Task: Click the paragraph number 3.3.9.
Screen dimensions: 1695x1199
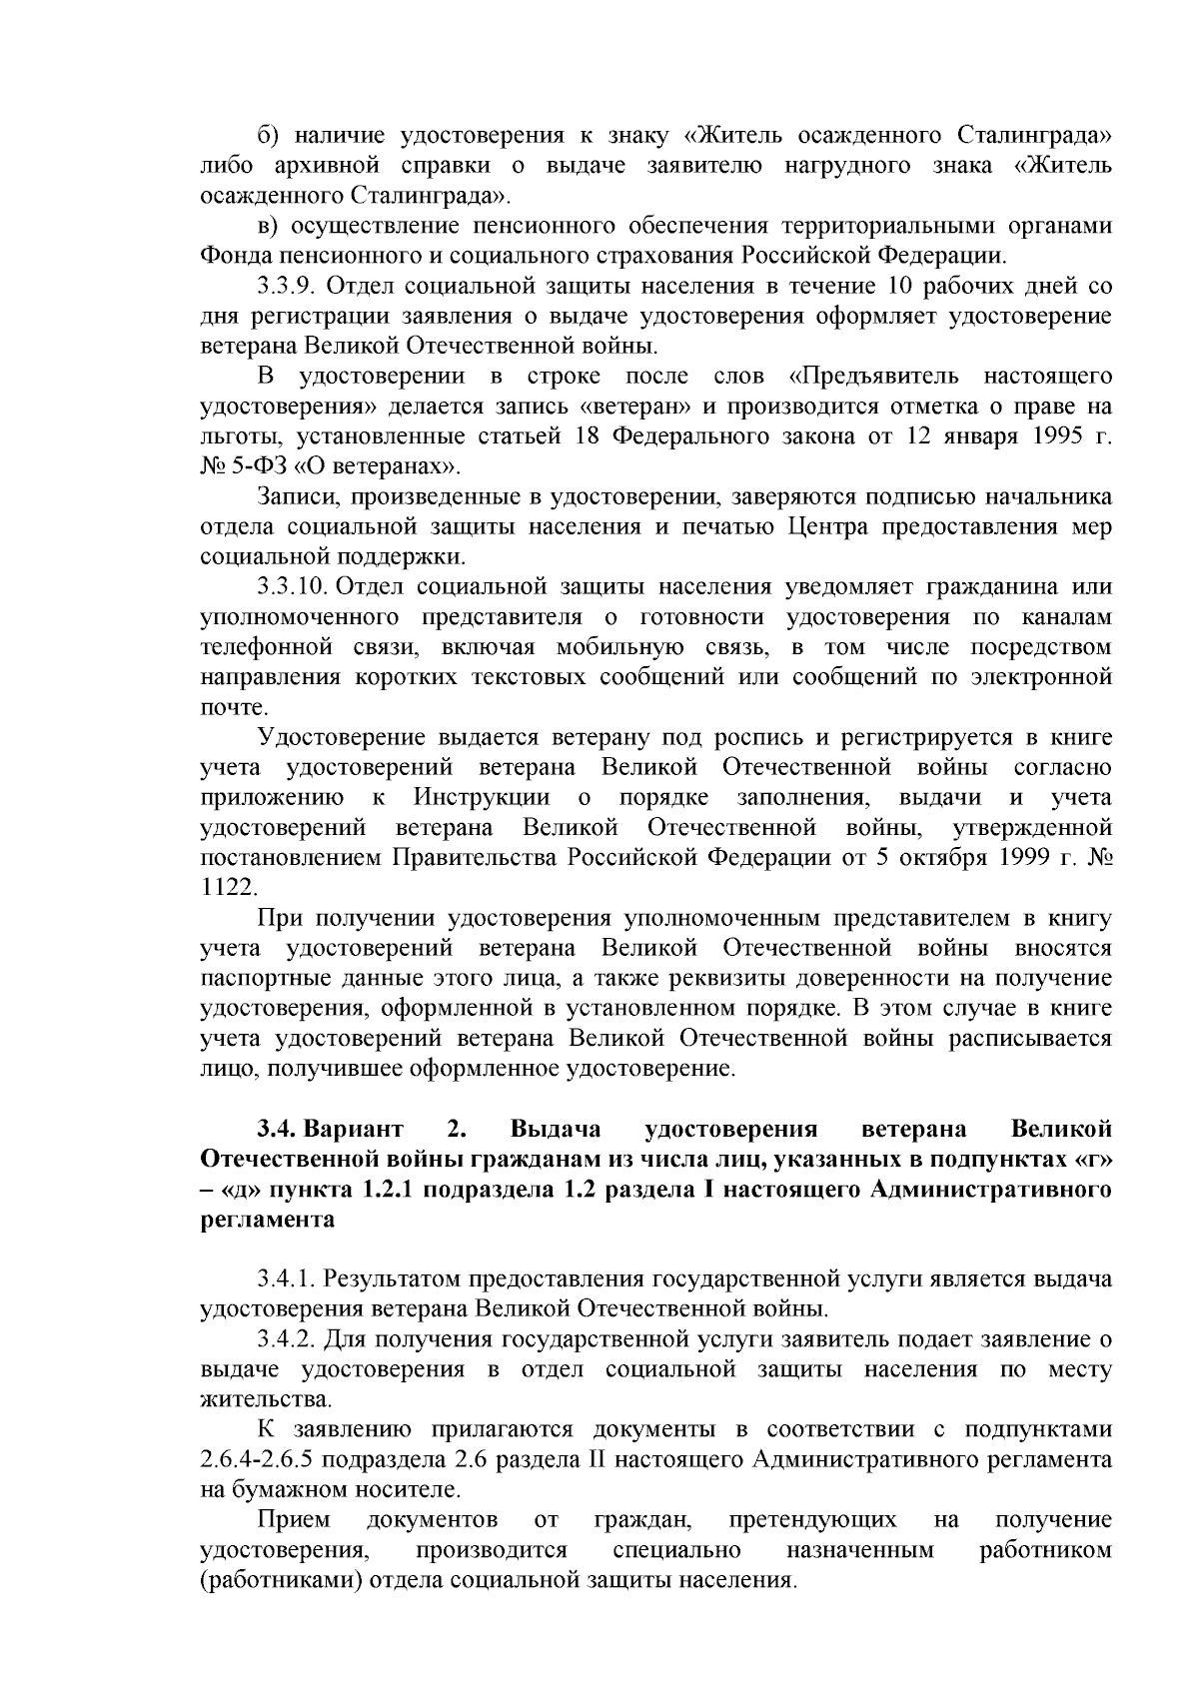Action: (x=286, y=287)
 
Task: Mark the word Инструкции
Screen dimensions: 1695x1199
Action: (x=482, y=797)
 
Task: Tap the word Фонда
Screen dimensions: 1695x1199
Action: (x=233, y=257)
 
